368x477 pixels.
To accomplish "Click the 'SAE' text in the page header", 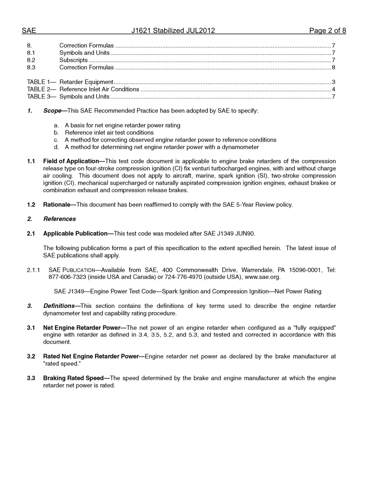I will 29,31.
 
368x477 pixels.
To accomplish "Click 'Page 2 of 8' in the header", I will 327,31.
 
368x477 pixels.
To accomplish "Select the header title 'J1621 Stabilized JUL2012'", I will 173,31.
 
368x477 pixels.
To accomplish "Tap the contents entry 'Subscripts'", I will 73,60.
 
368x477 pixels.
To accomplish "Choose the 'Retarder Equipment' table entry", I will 86,82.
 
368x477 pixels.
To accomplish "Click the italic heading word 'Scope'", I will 52,111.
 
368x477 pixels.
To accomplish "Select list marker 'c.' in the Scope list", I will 57,140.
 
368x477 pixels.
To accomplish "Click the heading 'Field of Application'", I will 71,161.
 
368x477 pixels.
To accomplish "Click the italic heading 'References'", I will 60,219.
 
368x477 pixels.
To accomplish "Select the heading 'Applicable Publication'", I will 75,233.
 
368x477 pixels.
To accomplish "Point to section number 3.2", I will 31,356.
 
